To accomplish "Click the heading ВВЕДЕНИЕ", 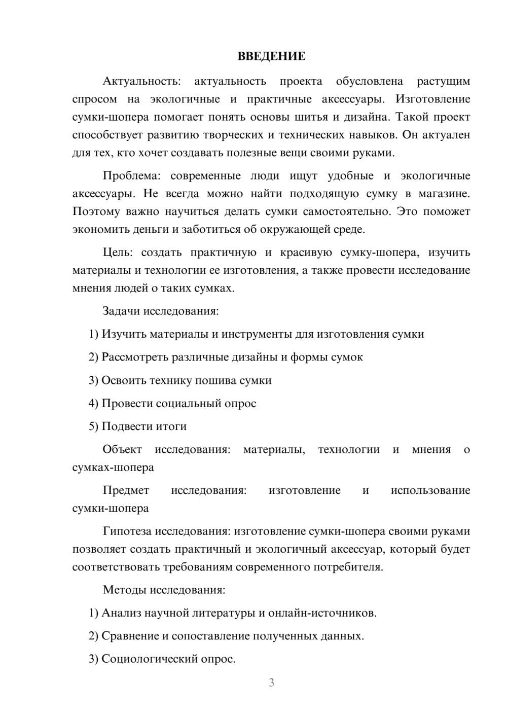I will [x=271, y=56].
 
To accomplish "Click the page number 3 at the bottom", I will [x=271, y=683].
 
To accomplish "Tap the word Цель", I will [x=117, y=253].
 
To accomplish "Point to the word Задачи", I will [x=122, y=311].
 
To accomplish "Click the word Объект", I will [x=122, y=449].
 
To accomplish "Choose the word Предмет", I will [x=126, y=490].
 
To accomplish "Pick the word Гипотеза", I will [x=127, y=531].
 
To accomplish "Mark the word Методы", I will [x=123, y=590].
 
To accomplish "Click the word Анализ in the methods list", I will [x=120, y=613].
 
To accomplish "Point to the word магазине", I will [x=444, y=194].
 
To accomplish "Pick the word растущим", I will [x=443, y=81].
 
